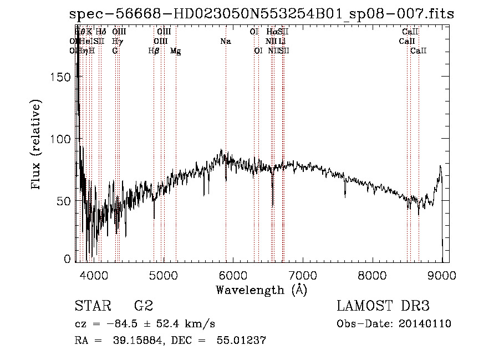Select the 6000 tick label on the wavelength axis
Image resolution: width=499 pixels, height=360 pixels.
click(x=232, y=275)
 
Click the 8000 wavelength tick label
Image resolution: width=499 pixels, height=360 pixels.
click(x=372, y=275)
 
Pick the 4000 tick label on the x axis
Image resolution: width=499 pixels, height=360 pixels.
click(x=93, y=275)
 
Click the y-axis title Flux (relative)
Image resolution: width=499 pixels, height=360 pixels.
click(x=37, y=145)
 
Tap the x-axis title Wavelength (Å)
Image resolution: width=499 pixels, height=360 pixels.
click(x=261, y=290)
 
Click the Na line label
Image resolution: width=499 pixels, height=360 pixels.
click(x=225, y=42)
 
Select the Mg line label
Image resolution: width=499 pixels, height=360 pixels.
click(x=176, y=51)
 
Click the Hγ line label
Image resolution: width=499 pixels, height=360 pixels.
click(x=116, y=42)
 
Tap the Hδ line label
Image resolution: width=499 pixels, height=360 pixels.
click(x=100, y=32)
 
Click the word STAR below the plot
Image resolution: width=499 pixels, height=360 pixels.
click(x=91, y=306)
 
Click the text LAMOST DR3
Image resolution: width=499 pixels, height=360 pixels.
click(x=383, y=306)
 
